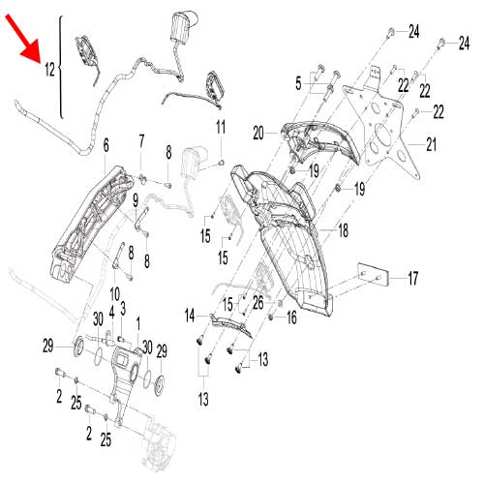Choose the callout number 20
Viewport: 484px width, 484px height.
click(259, 132)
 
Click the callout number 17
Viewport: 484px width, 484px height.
click(412, 279)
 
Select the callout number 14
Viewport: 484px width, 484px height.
click(190, 314)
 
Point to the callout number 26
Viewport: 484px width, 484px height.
click(257, 303)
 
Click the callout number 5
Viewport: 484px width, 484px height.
click(298, 85)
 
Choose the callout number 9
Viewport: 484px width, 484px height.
click(136, 200)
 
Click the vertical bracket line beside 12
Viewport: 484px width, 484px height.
click(61, 68)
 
